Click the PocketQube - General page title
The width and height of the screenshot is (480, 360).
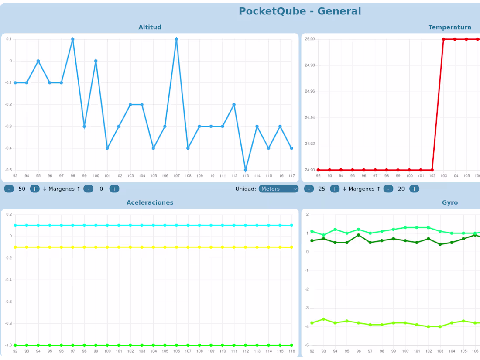tap(300, 11)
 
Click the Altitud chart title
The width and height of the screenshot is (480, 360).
tap(150, 27)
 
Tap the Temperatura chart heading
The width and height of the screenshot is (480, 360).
tap(449, 27)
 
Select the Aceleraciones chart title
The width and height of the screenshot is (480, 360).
tap(150, 202)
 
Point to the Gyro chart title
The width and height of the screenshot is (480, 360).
tap(449, 202)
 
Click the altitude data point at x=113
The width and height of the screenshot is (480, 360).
tap(245, 170)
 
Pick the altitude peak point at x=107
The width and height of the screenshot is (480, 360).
tap(176, 39)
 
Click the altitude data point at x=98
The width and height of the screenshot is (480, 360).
tap(72, 39)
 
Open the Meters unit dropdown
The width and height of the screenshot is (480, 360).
tap(278, 189)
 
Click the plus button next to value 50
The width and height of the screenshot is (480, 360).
tap(34, 189)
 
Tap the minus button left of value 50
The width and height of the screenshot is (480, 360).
tap(9, 189)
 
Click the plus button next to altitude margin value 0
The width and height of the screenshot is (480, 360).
tap(114, 189)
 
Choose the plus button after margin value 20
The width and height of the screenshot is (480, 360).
tap(414, 189)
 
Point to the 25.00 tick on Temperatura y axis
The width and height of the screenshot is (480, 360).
tap(309, 39)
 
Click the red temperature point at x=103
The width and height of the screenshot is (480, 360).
tap(443, 39)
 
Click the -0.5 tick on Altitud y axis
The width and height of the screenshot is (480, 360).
tap(8, 170)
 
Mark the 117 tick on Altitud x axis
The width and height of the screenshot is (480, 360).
tap(291, 176)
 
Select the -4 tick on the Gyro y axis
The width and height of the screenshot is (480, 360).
tap(307, 326)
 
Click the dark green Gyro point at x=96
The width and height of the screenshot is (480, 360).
tap(358, 235)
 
